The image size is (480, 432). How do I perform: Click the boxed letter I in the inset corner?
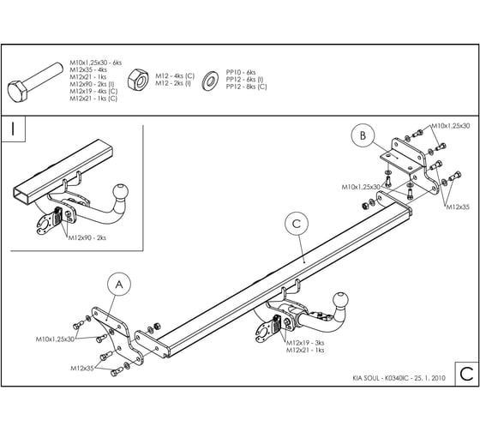[x=13, y=129]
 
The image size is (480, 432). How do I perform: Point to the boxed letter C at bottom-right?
[x=466, y=374]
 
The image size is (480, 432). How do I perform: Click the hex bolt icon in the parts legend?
[x=34, y=82]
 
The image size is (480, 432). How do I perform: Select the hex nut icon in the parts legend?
[x=138, y=81]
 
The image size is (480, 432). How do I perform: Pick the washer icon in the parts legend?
[x=210, y=81]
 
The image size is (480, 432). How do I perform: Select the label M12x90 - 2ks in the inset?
[x=87, y=237]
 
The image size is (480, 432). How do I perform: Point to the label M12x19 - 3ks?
[x=305, y=343]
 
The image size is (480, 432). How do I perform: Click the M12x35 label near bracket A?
[x=82, y=369]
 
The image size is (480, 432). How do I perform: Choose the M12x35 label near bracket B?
[x=458, y=207]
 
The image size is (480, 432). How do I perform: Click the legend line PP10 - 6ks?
[x=241, y=72]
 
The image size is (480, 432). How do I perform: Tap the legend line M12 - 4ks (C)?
[x=175, y=76]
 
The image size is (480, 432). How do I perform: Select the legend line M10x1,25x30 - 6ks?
[x=95, y=63]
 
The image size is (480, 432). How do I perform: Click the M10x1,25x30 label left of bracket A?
[x=55, y=339]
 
